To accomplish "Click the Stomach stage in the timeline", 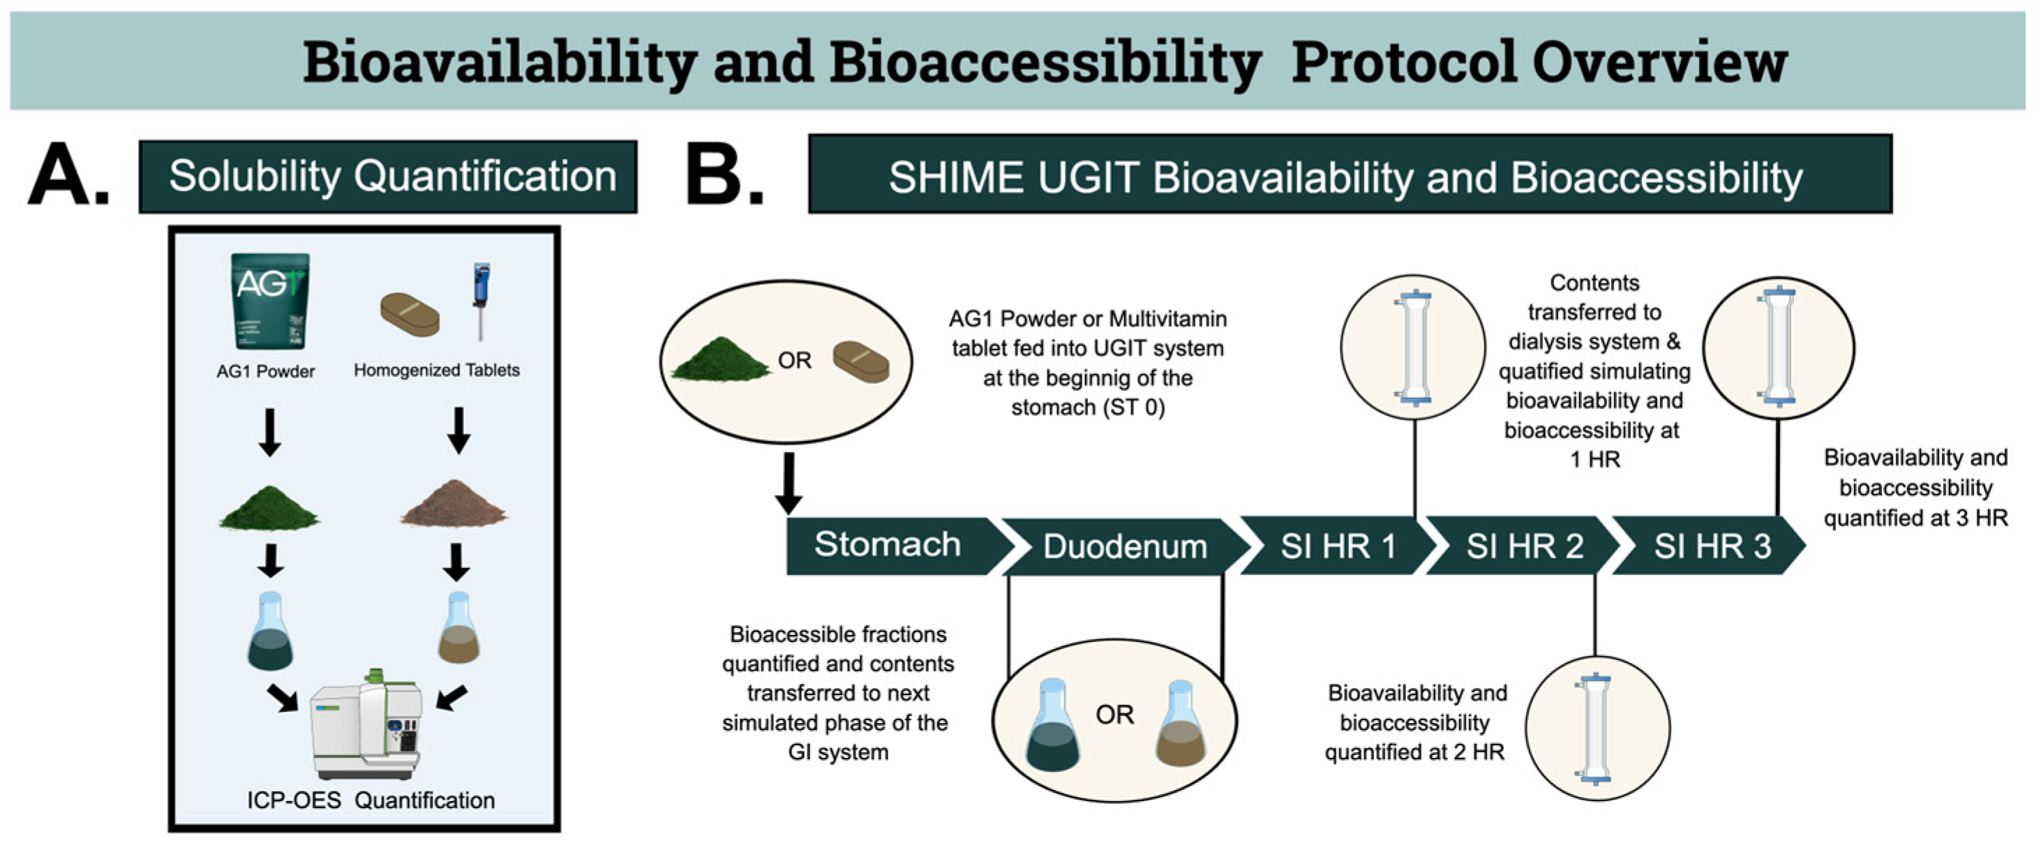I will click(886, 545).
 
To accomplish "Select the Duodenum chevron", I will click(1124, 547).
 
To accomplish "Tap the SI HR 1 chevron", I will click(1337, 547).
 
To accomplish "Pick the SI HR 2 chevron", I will click(1524, 547).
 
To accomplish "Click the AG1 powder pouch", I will click(270, 301).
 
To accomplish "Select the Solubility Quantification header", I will click(388, 177).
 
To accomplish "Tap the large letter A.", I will click(66, 175).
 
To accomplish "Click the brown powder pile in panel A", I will click(454, 503).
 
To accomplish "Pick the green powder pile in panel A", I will click(269, 508).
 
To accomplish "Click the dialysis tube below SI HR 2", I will click(1597, 728).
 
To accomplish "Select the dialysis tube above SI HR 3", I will click(1778, 348).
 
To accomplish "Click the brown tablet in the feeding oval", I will click(860, 362).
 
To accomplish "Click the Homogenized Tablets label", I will click(436, 370).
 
